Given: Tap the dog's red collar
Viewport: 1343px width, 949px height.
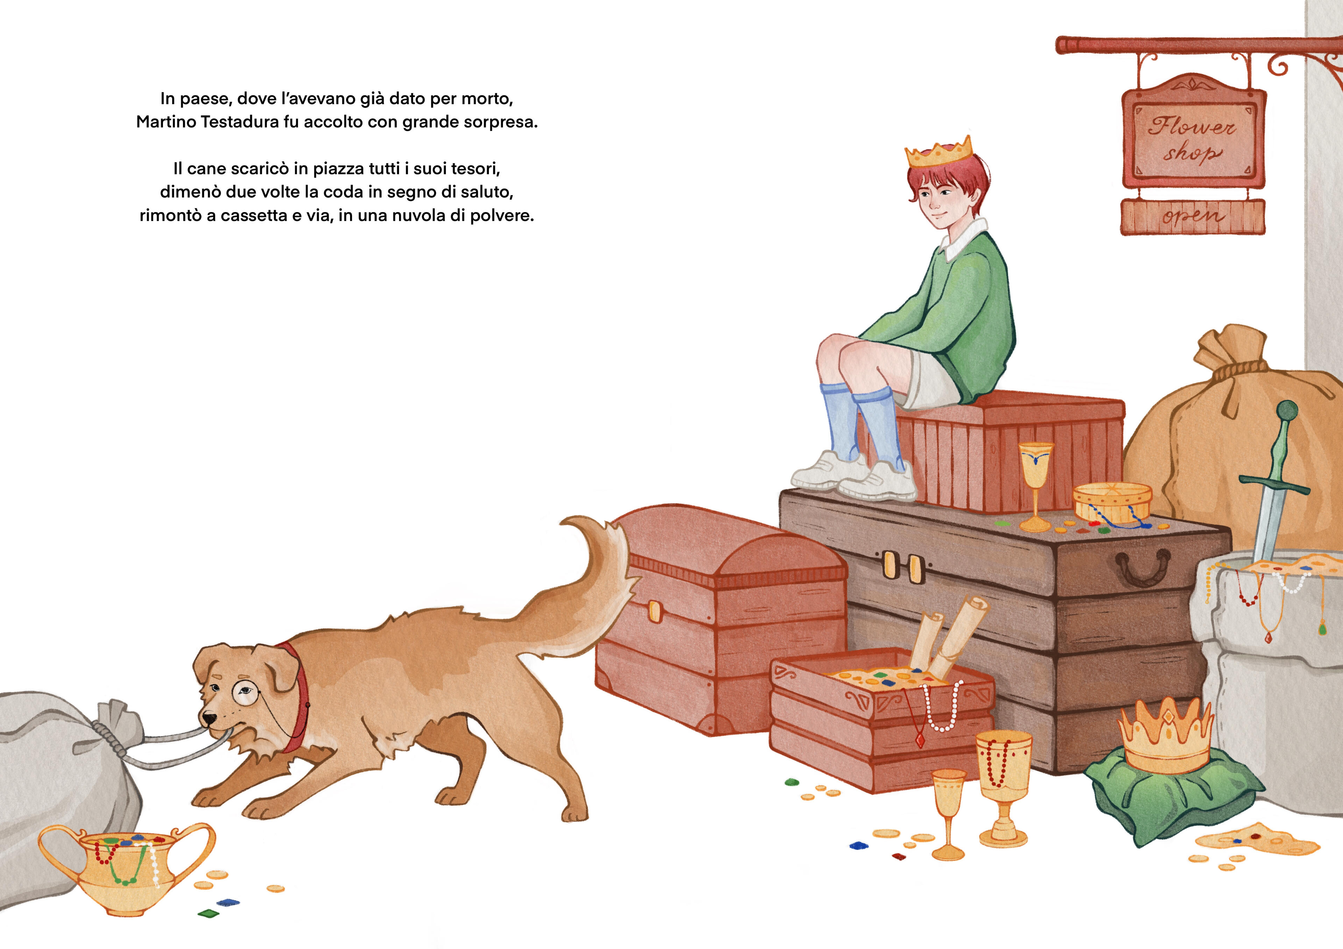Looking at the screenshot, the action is coord(297,690).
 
